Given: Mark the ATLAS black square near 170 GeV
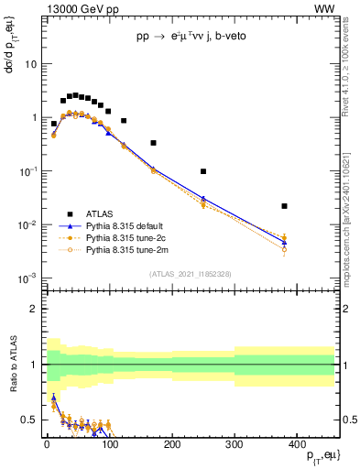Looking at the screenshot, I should click(153, 143).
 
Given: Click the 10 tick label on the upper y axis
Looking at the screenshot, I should click(30, 64).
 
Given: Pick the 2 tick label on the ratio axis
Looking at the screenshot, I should click(34, 309).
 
